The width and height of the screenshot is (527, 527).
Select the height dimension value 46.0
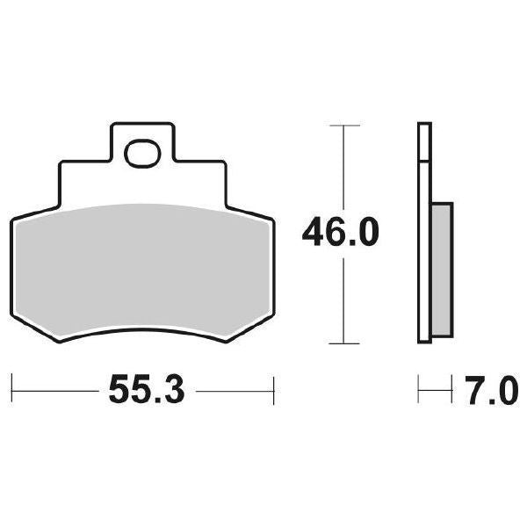[x=341, y=233]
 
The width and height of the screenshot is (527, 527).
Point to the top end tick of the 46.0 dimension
[x=343, y=126]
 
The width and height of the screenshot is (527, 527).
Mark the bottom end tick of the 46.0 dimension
[x=343, y=343]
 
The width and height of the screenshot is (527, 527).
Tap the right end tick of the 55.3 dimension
[x=275, y=387]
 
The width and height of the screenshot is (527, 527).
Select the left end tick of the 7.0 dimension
[x=420, y=387]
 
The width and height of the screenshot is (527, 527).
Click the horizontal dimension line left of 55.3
[x=57, y=387]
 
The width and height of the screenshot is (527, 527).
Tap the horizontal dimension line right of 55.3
[x=233, y=387]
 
